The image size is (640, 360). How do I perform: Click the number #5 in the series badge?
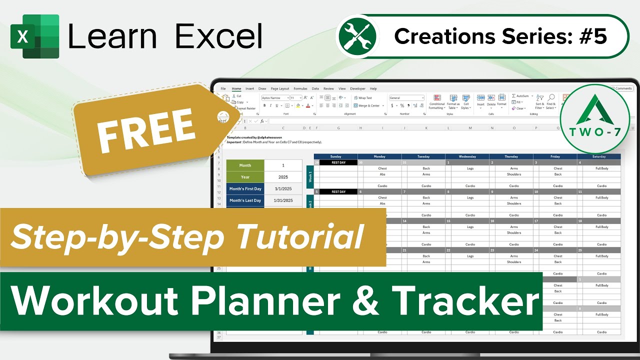coord(594,36)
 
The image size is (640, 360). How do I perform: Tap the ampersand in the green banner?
coord(367,301)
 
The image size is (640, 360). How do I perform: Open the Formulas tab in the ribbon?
coord(300,88)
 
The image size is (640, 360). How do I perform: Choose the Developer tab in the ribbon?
coord(357,88)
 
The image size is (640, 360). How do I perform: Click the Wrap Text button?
coord(363,98)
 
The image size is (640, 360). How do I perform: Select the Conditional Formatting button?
coord(436,102)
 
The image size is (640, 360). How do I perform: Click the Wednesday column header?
coord(467,156)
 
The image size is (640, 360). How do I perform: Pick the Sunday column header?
coord(335,156)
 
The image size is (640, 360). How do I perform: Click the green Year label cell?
coord(245,177)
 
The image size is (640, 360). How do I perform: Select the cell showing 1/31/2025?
coord(283,200)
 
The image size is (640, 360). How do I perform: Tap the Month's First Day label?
coord(245,189)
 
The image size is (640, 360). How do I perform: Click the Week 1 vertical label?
coord(309,176)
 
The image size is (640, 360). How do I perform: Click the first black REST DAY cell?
coord(338,162)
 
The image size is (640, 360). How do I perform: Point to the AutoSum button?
coord(521,96)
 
